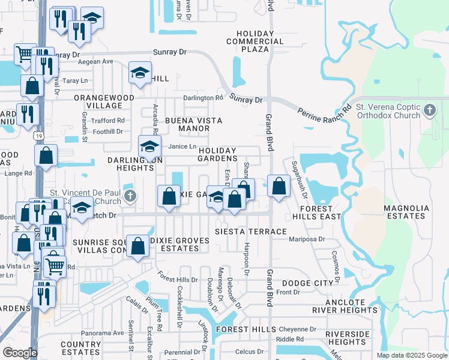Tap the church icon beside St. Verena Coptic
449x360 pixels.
click(429, 110)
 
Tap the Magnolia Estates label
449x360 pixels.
click(407, 212)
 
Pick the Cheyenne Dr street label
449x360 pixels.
click(297, 329)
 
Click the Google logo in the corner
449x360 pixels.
click(20, 353)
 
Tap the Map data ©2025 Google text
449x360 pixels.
click(412, 355)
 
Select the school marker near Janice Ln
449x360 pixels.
click(150, 146)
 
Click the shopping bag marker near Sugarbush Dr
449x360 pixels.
click(279, 185)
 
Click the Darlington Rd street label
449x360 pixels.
click(203, 98)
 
